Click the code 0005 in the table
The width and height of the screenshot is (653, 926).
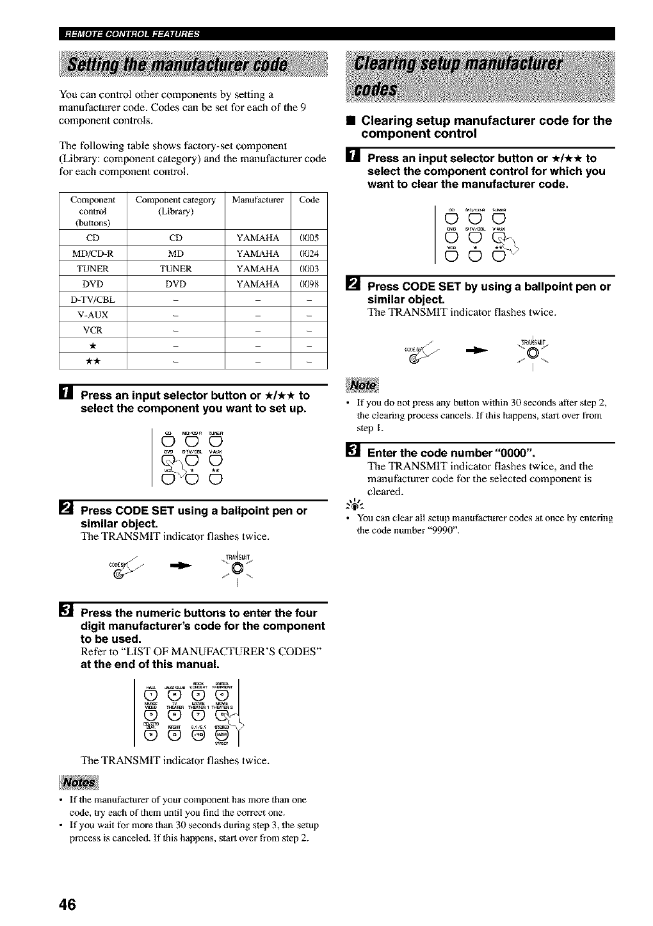tap(309, 238)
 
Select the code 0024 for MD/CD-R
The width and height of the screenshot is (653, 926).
tap(309, 254)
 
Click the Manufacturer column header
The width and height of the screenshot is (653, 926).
tap(257, 200)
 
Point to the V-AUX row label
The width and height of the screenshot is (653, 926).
tap(93, 315)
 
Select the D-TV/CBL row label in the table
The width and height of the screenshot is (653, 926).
tap(93, 300)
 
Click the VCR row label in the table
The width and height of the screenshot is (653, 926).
tap(93, 330)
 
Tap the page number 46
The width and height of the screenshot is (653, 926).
tap(67, 904)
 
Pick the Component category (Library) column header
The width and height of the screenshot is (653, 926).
tap(175, 206)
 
